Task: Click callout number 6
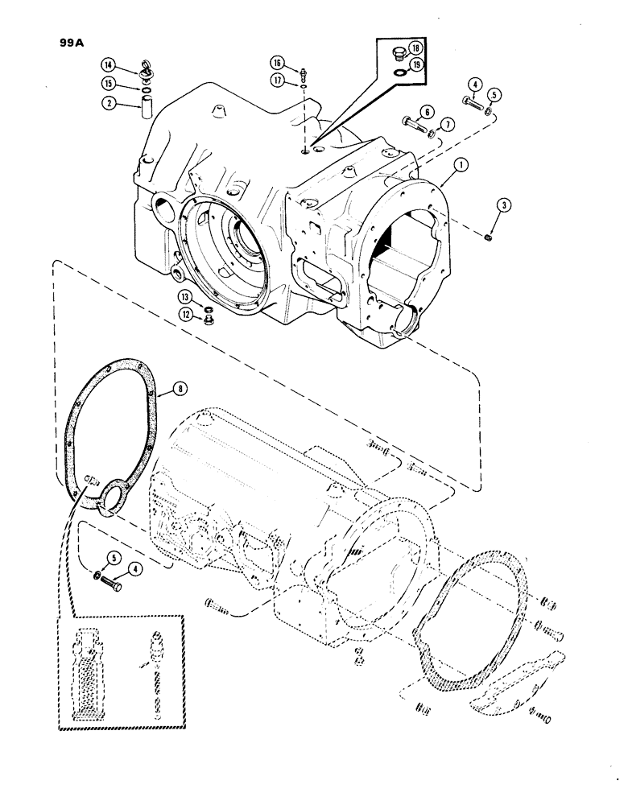tap(426, 112)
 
